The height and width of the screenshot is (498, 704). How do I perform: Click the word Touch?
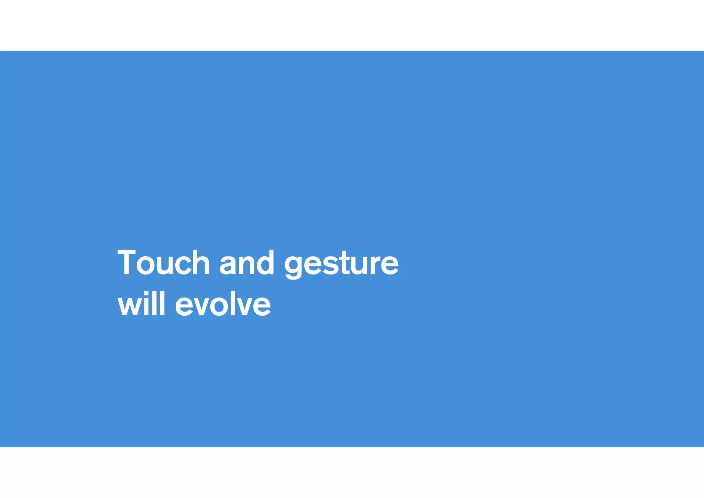[x=164, y=263]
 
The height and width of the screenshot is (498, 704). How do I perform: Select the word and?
[x=247, y=263]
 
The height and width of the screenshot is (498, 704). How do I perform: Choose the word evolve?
[x=223, y=305]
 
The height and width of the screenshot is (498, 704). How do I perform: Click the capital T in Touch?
[x=126, y=263]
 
